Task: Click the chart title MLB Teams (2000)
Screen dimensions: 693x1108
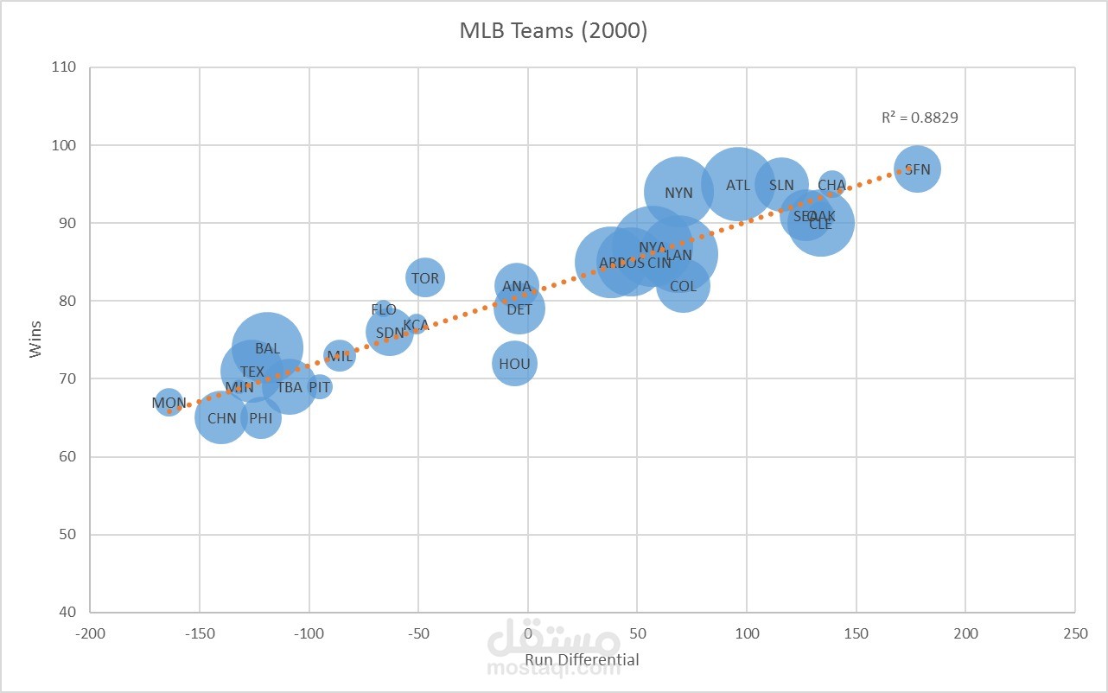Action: (553, 31)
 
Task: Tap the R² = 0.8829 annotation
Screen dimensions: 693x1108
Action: (920, 118)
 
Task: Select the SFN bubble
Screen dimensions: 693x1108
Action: (917, 169)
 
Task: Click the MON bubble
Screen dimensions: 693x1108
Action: (169, 402)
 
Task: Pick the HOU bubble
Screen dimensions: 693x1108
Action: (514, 364)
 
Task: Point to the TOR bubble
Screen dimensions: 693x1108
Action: (424, 278)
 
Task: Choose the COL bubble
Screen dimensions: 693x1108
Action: (683, 286)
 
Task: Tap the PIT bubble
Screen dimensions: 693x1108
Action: (320, 387)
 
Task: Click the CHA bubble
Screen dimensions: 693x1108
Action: (831, 185)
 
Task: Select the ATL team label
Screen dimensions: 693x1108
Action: (738, 185)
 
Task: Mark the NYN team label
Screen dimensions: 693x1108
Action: (678, 193)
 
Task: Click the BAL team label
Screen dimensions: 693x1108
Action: (267, 349)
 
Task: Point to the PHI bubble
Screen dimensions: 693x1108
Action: (260, 418)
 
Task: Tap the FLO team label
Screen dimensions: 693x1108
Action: (384, 309)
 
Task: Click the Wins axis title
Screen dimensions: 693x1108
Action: (35, 339)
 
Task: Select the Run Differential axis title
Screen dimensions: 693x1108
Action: (583, 660)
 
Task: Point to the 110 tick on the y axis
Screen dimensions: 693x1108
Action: (64, 67)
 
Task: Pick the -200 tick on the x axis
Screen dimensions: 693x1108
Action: (90, 633)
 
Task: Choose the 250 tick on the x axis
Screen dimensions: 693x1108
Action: (1075, 633)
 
